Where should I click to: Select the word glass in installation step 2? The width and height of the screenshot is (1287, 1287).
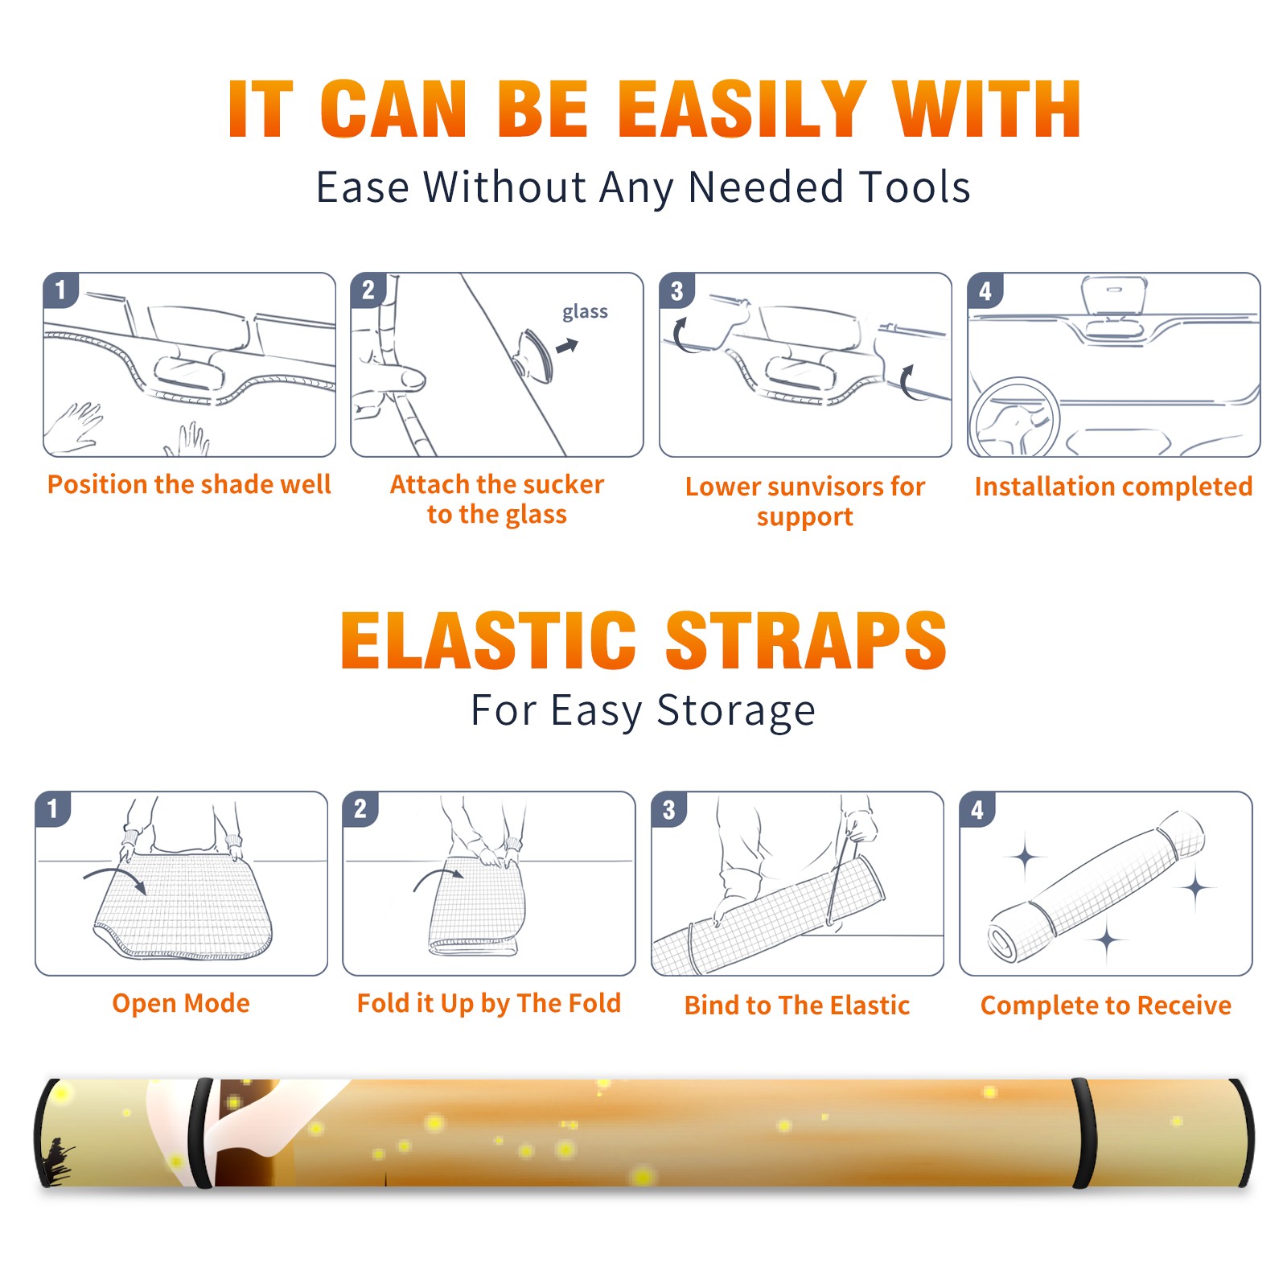pyautogui.click(x=585, y=312)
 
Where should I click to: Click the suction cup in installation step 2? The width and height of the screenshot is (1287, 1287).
pyautogui.click(x=534, y=355)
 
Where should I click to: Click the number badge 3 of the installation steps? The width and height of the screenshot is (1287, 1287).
pyautogui.click(x=676, y=290)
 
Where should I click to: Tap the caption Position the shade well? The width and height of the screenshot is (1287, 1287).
pyautogui.click(x=189, y=484)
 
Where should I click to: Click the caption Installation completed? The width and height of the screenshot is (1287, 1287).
pyautogui.click(x=1113, y=487)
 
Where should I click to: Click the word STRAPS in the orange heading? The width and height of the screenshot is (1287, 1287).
pyautogui.click(x=806, y=640)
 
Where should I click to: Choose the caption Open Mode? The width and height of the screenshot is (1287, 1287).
pyautogui.click(x=181, y=1003)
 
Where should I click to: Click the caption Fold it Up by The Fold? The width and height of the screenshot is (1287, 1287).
pyautogui.click(x=489, y=1003)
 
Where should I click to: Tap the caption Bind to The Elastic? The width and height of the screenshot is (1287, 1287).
pyautogui.click(x=797, y=1005)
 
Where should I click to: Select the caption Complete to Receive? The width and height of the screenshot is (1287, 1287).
pyautogui.click(x=1106, y=1005)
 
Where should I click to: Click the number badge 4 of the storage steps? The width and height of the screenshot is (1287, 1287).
pyautogui.click(x=977, y=809)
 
